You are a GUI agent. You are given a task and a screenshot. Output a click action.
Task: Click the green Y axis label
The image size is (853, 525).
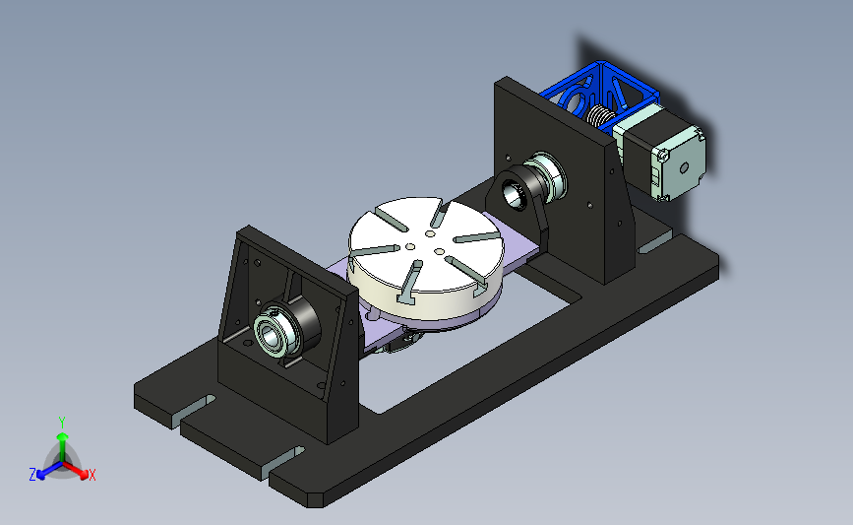point(62,423)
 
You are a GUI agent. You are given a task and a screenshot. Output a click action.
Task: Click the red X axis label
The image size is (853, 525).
point(91,475)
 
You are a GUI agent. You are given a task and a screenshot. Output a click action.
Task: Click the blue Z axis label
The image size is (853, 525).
point(32,475)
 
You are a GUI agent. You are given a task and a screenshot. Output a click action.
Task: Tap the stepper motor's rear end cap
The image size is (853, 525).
point(680,163)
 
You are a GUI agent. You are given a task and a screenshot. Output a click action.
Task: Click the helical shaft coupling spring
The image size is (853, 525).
point(599,116)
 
